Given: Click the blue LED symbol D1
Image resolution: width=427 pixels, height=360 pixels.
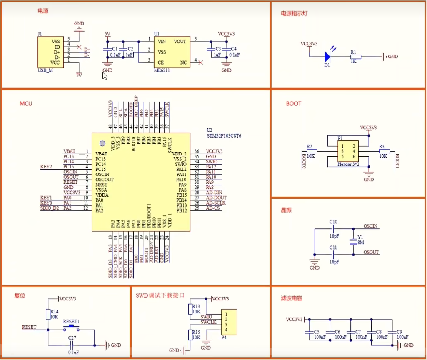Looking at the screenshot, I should coord(327,56).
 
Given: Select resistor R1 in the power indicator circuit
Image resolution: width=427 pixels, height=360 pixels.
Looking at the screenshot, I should coord(355,57).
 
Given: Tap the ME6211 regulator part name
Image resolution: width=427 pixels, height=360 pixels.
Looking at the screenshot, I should coord(162,70).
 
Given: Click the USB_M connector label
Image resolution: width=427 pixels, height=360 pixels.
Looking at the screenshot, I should coord(45,70).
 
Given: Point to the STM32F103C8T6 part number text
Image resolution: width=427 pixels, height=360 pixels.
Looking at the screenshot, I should coord(225,136).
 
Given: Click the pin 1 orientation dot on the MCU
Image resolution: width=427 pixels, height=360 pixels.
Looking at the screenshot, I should coord(101,143).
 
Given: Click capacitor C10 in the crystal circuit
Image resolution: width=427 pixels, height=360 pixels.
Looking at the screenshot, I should coord(333,228).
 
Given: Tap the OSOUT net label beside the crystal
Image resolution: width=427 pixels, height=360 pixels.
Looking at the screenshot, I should coord(371,252).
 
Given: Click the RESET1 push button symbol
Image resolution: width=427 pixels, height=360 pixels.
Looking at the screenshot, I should coord(71,328).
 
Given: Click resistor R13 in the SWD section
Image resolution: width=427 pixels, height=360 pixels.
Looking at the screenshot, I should coord(190,309).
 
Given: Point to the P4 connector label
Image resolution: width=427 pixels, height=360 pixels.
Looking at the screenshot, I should coord(223,338).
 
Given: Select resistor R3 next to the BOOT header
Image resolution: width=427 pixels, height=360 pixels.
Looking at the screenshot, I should coord(384,151).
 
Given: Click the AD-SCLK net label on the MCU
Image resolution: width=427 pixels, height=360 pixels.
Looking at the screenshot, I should coord(215,203).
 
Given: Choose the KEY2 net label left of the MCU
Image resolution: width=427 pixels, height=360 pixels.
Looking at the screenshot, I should coord(46,167).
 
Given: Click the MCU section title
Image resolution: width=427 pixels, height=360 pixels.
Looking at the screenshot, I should coord(26,103).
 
